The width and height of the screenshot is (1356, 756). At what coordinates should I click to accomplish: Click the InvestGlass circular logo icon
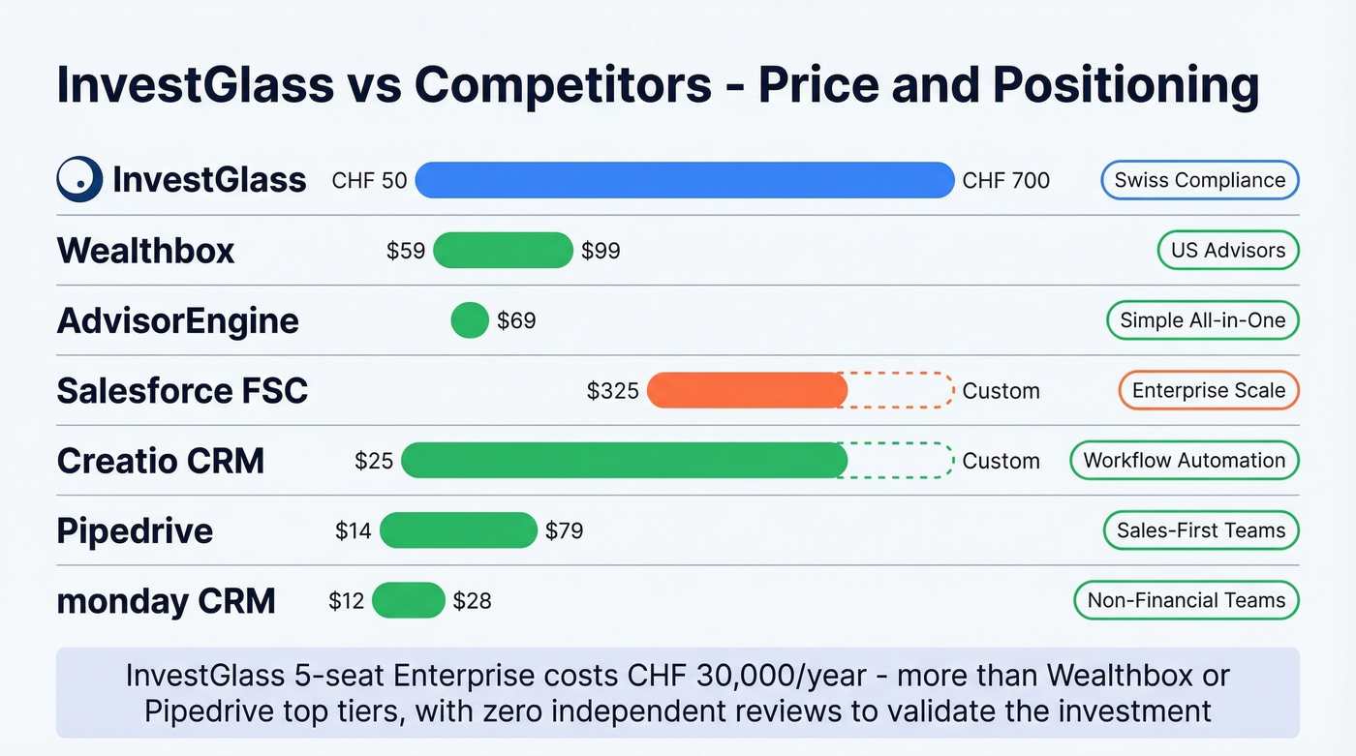(x=79, y=179)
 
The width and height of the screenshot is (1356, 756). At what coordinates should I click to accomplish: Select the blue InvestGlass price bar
(x=685, y=180)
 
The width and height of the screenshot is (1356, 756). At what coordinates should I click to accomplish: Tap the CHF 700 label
(x=1005, y=180)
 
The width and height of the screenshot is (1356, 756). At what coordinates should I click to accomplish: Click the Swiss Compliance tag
(x=1199, y=180)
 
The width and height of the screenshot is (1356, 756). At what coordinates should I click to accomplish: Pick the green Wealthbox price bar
(x=503, y=251)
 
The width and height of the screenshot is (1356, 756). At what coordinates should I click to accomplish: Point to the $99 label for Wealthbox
(x=601, y=251)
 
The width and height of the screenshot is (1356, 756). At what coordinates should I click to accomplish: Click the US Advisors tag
(x=1227, y=250)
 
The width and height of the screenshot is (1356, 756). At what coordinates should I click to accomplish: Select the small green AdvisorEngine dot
(x=470, y=320)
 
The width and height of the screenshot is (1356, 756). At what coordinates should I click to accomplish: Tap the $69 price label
(x=516, y=320)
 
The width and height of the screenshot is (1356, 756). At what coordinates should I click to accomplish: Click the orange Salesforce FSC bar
(x=747, y=390)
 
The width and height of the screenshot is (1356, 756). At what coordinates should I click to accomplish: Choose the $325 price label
(x=613, y=390)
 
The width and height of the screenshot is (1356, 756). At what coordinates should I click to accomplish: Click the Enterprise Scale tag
(x=1208, y=390)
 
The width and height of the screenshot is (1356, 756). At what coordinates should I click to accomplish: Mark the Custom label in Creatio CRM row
(x=1001, y=461)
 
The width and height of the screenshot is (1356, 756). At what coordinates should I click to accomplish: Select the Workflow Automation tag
(x=1184, y=460)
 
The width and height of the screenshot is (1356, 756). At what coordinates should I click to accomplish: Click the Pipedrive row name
(x=135, y=530)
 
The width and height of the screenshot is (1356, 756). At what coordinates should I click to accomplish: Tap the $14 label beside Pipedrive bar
(x=354, y=530)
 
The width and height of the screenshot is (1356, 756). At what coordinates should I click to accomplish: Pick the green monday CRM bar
(x=408, y=600)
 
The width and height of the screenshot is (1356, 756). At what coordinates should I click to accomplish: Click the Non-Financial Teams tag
(x=1186, y=600)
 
